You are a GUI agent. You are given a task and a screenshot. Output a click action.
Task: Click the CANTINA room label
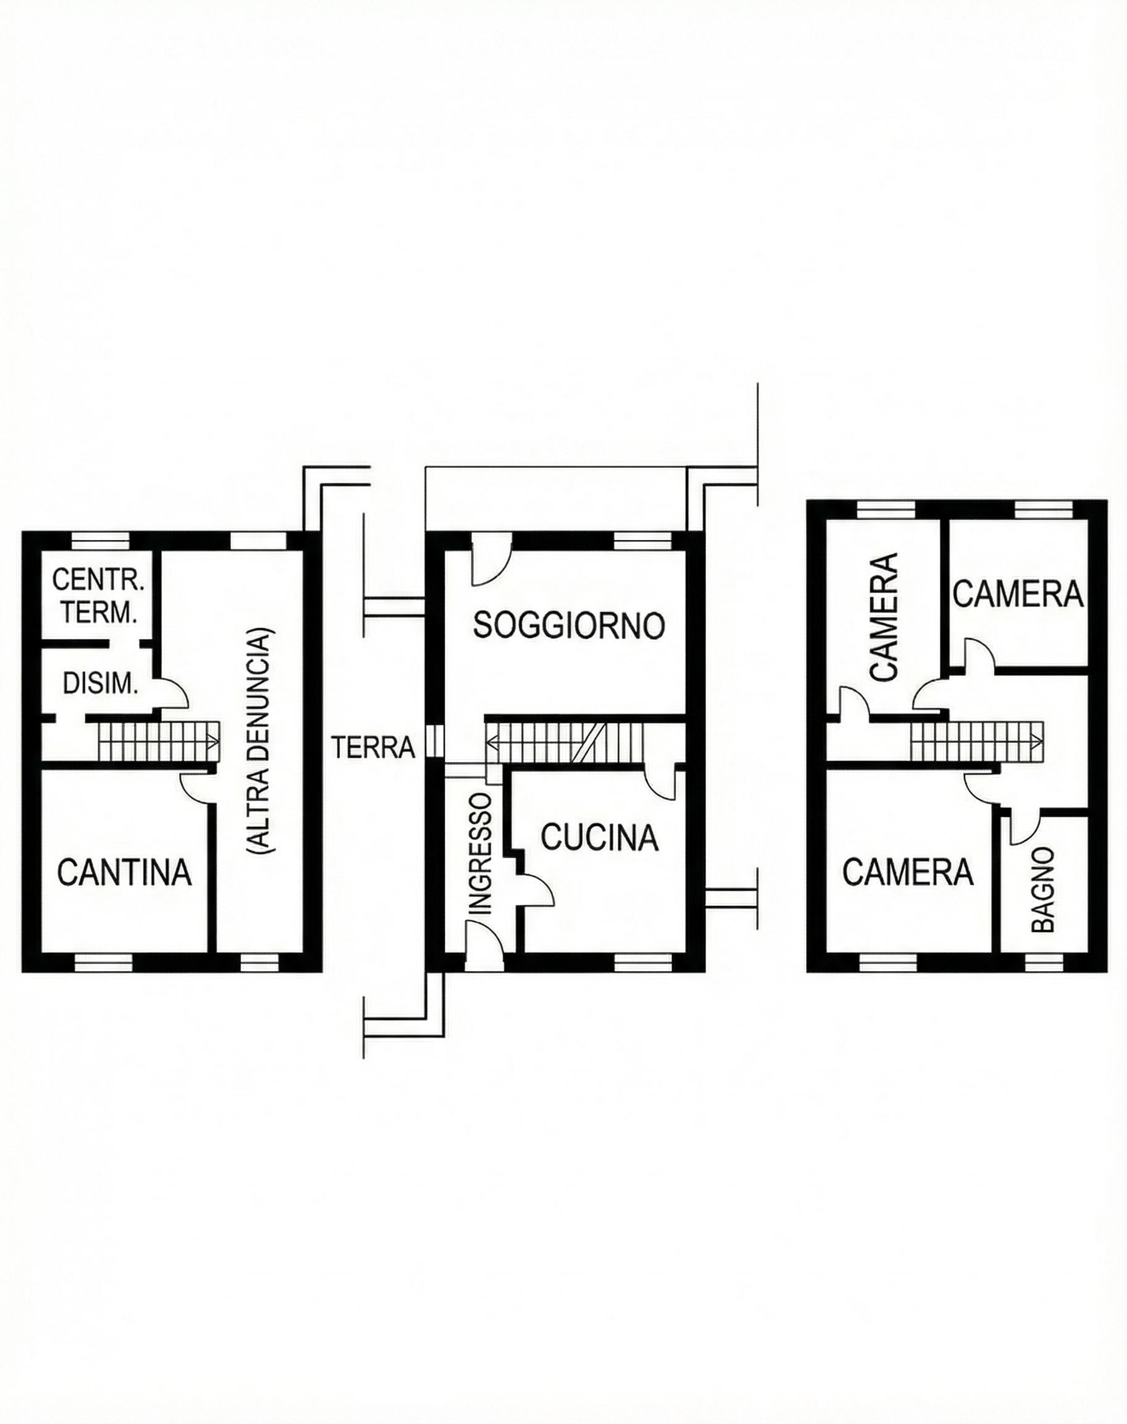tap(124, 871)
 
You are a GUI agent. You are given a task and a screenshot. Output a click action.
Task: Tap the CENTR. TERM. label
tap(98, 597)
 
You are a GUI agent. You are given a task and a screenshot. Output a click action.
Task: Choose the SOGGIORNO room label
tap(569, 625)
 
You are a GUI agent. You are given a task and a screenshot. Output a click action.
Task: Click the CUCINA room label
tap(600, 837)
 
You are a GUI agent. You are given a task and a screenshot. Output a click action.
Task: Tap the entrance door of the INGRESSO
tap(484, 937)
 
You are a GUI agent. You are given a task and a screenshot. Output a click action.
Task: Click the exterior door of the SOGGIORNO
tap(489, 566)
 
